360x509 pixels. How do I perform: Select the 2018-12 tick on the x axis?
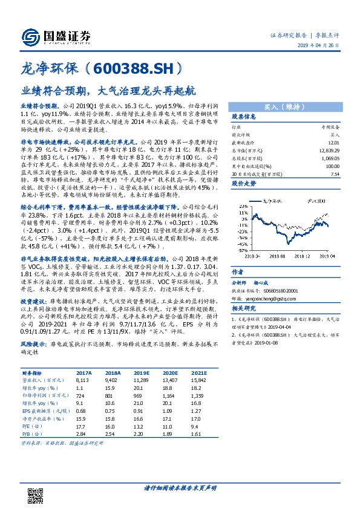302,256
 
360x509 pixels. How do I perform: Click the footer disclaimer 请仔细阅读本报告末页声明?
180,488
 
